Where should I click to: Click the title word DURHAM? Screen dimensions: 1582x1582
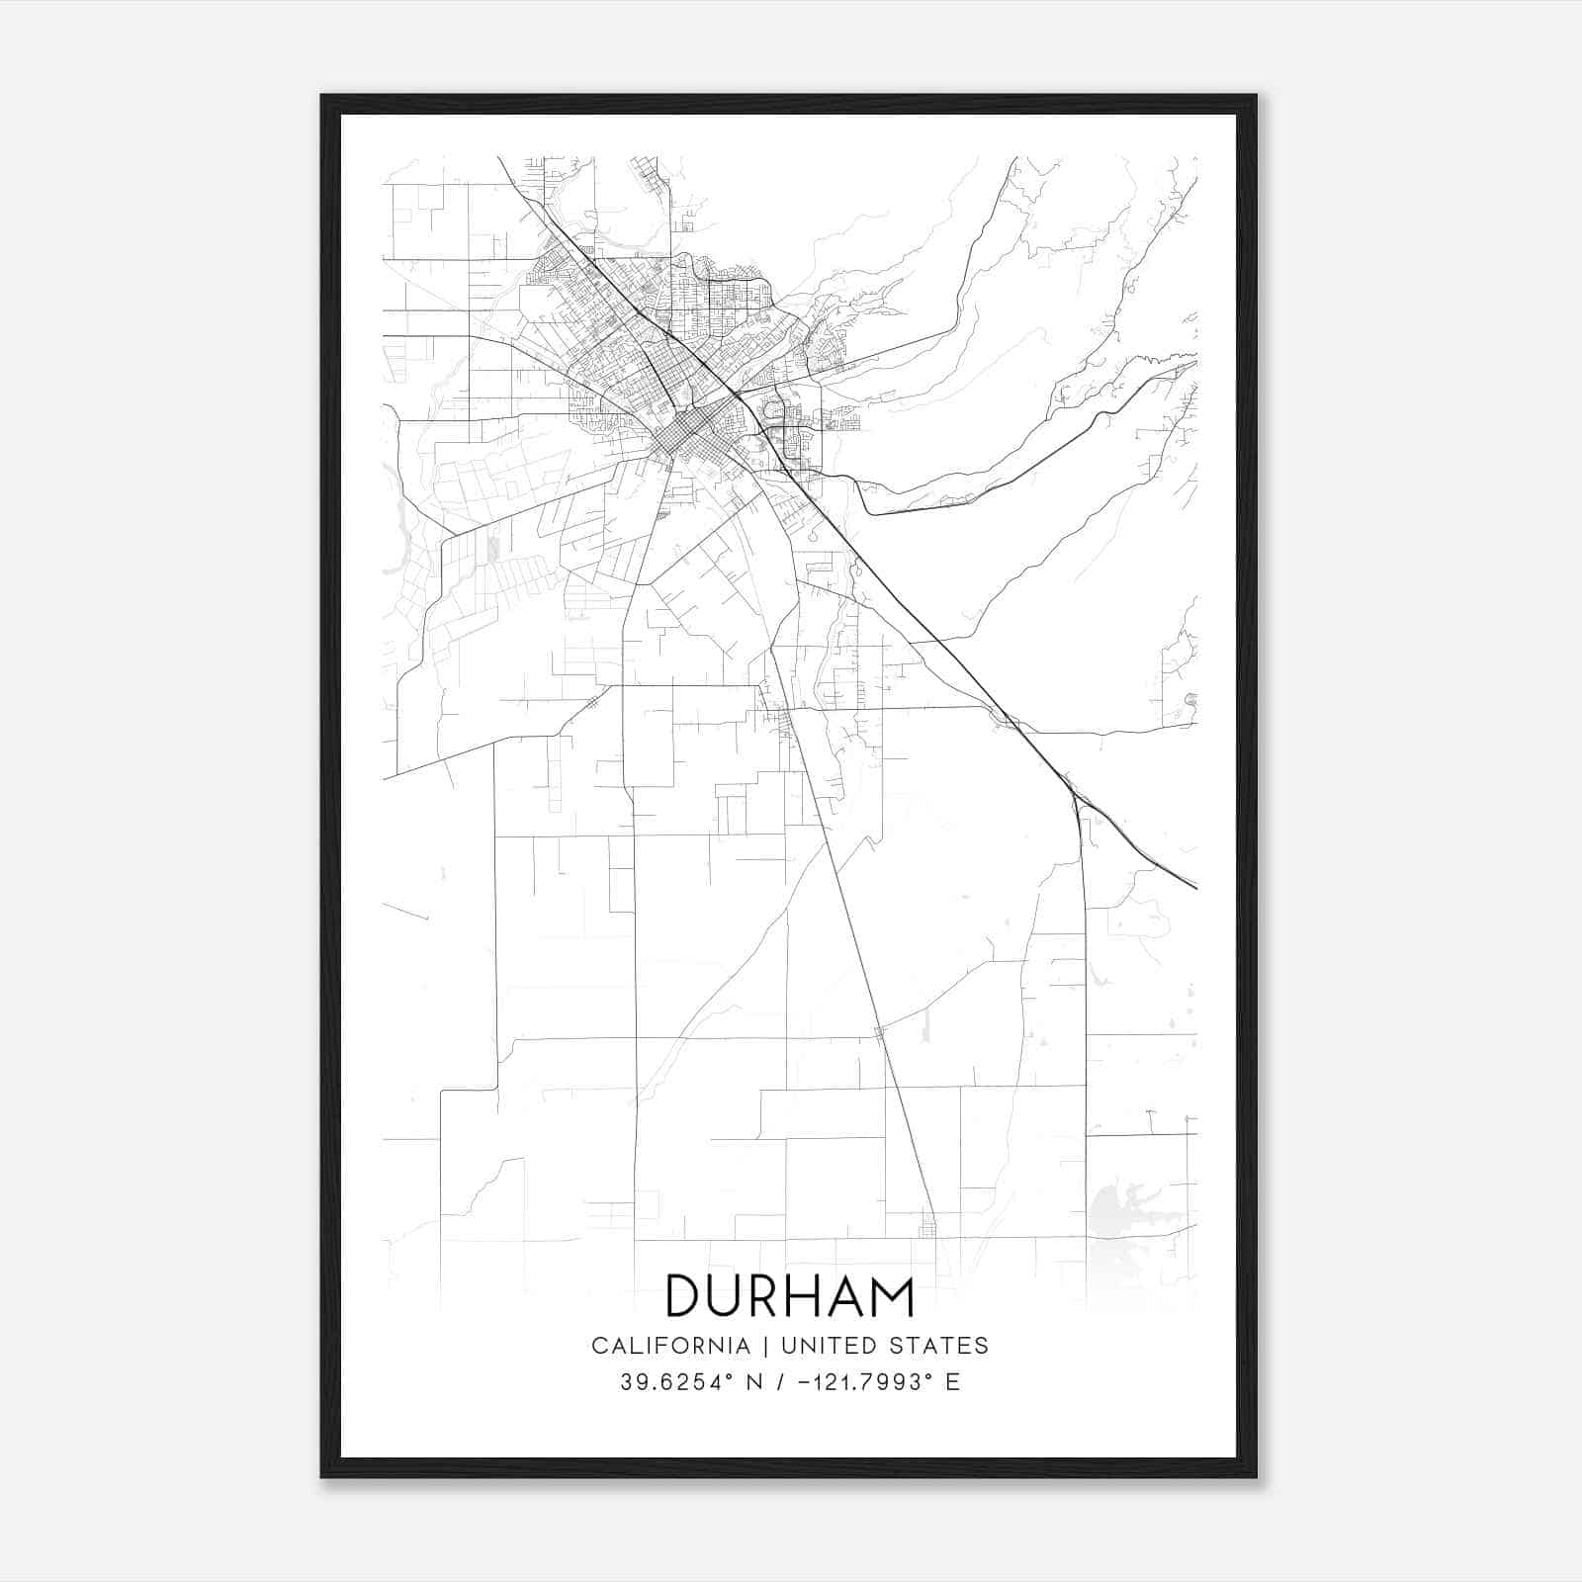(x=790, y=1296)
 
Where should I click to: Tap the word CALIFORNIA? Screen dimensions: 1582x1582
(x=669, y=1346)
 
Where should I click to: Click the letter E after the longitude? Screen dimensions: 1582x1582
(x=953, y=1382)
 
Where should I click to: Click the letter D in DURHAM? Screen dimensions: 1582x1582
(x=684, y=1296)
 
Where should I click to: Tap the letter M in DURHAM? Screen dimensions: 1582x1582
(x=893, y=1296)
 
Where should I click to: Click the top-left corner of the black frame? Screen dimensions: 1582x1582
(x=322, y=97)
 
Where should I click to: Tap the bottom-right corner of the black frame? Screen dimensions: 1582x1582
(x=1256, y=1476)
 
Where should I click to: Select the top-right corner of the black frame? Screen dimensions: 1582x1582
(x=1256, y=97)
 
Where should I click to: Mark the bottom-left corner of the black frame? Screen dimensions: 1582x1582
(x=322, y=1476)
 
